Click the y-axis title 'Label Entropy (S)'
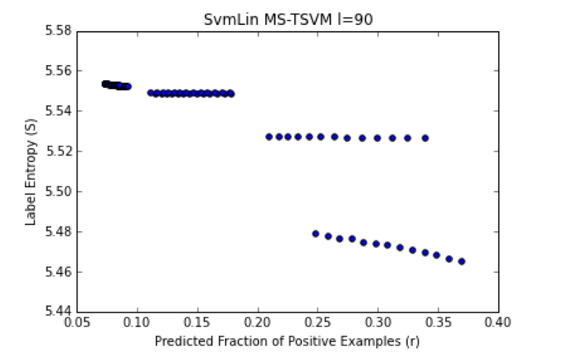[x=30, y=172]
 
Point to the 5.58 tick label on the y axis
[x=58, y=31]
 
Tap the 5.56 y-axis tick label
[x=58, y=71]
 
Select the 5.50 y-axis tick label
[x=58, y=192]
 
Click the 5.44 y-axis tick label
[x=58, y=312]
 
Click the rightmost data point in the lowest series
[x=461, y=261]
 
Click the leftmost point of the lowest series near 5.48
[x=316, y=234]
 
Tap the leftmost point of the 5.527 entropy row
[x=269, y=137]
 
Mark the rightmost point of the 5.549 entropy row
[x=231, y=93]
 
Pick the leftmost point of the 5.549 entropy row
[x=151, y=93]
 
